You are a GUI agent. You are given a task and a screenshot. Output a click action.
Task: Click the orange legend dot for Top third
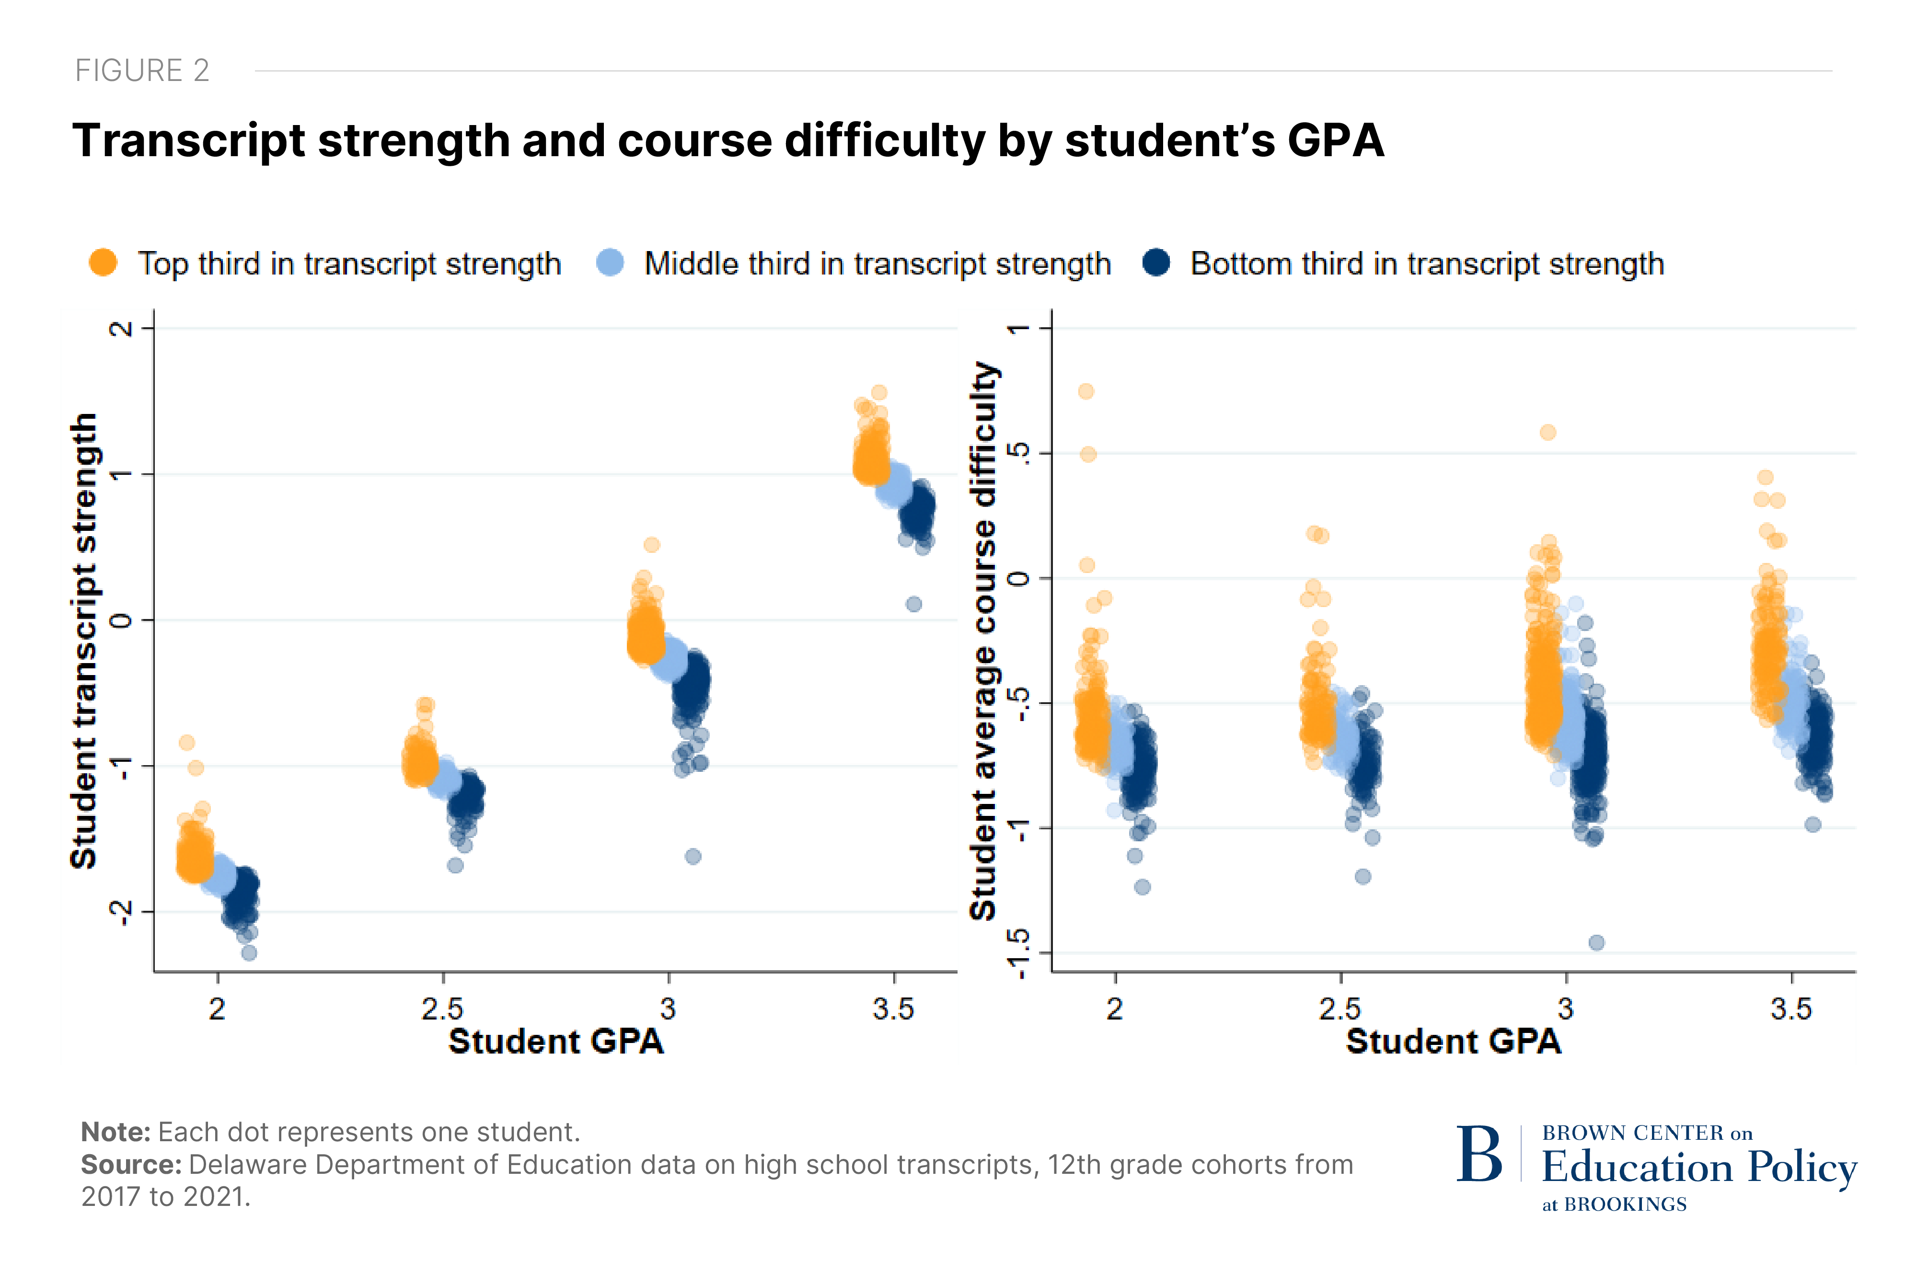103,263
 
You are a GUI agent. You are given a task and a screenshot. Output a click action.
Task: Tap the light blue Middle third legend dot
610,263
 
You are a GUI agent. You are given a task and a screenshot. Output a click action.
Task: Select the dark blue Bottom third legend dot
1156,263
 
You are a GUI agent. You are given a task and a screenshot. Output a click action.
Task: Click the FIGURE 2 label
142,71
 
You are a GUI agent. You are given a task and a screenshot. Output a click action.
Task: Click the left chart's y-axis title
84,641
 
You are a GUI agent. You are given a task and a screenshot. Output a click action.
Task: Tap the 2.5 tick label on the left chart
442,1008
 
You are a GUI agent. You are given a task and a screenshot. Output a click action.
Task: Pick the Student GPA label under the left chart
556,1041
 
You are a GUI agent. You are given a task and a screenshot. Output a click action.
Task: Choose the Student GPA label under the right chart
1454,1041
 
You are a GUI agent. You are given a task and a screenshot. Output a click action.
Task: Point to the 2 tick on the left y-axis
121,329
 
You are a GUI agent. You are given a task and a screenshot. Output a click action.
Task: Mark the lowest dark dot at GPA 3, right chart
1595,942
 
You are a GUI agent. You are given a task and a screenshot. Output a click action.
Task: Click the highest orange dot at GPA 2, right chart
1086,391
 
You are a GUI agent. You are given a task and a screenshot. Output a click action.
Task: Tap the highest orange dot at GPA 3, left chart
652,545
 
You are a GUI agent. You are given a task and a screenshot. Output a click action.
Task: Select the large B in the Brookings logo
1479,1155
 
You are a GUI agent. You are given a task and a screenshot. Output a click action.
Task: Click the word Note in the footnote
115,1132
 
